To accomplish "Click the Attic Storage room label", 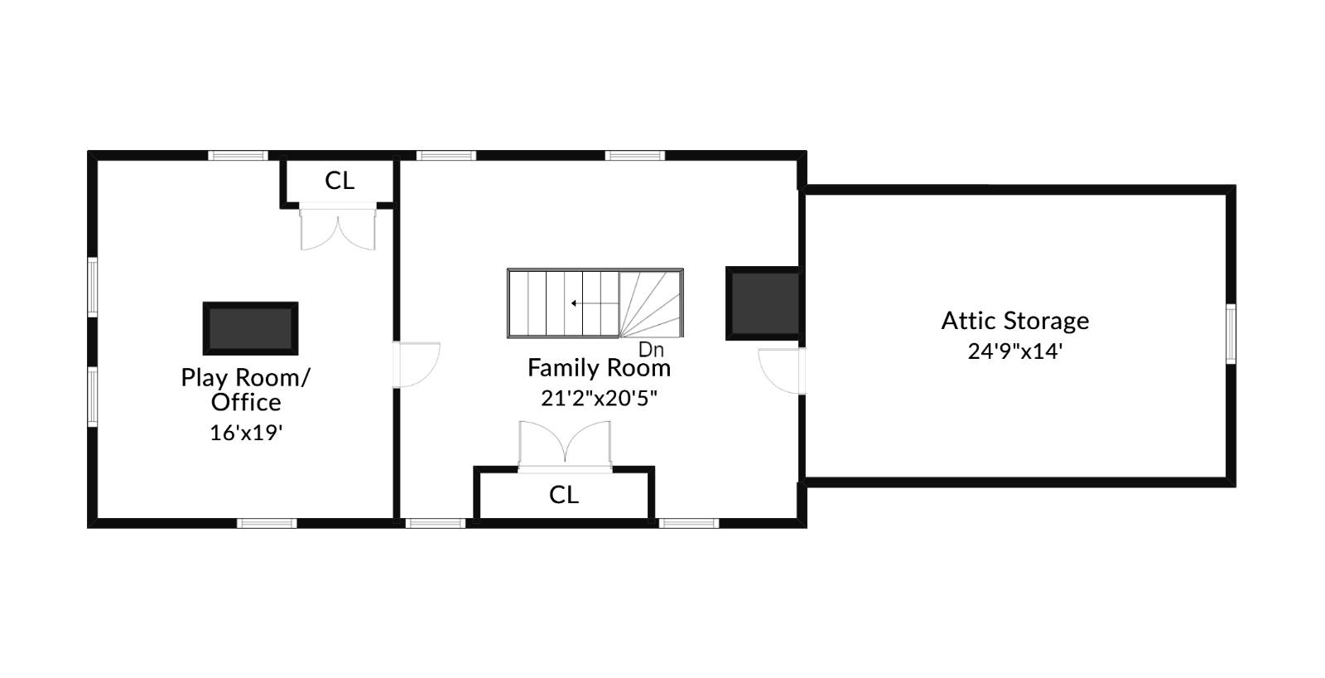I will click(1014, 321).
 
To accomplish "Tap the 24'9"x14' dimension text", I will click(1014, 351).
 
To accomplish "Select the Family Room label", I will click(599, 368).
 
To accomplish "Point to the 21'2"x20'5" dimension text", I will click(599, 399).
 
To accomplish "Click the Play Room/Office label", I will click(246, 390).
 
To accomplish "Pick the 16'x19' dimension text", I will click(246, 433).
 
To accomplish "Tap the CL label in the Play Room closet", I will click(340, 181).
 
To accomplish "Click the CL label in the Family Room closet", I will click(564, 495).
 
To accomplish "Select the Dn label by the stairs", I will click(651, 350).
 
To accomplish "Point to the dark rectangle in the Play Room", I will click(250, 328).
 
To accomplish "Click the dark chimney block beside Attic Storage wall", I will click(763, 303).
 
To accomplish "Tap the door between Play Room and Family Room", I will click(417, 365).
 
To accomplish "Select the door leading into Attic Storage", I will click(783, 370).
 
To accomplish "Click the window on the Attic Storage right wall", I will click(1231, 333).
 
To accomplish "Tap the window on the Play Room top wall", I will click(238, 155).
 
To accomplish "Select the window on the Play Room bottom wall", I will click(267, 523).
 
